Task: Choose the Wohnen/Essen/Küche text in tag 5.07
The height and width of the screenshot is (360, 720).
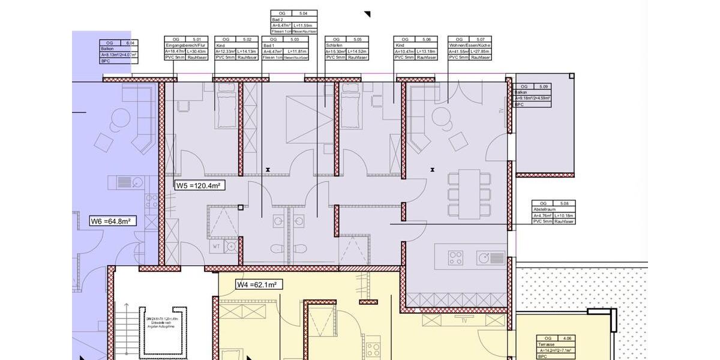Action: click(x=470, y=46)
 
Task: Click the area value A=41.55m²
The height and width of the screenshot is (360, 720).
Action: click(x=460, y=52)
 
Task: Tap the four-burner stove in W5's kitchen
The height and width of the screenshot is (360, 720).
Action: click(x=456, y=257)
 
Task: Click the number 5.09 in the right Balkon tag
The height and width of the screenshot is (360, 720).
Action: click(x=544, y=86)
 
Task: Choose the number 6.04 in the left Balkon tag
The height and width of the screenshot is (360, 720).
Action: click(x=130, y=43)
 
